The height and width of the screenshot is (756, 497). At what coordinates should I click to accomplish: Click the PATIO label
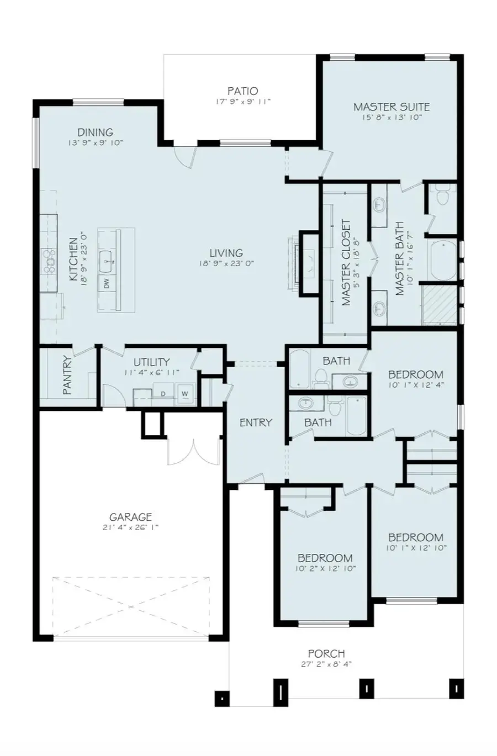[x=242, y=91]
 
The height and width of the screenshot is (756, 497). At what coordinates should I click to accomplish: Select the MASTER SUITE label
[x=391, y=107]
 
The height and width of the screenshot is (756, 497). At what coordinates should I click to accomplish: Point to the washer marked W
[x=184, y=393]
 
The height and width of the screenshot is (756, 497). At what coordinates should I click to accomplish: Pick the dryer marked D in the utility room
[x=163, y=393]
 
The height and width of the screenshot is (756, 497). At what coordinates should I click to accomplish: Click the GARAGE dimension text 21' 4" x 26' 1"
[x=130, y=527]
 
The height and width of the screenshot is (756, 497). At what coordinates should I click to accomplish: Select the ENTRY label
[x=256, y=422]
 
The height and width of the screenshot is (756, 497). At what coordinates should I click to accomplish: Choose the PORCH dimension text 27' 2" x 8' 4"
[x=326, y=664]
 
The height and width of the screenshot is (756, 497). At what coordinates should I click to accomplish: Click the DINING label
[x=95, y=132]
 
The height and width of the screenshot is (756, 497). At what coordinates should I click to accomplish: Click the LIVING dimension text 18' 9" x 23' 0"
[x=226, y=263]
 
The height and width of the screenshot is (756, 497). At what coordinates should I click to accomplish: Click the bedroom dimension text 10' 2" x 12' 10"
[x=325, y=568]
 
